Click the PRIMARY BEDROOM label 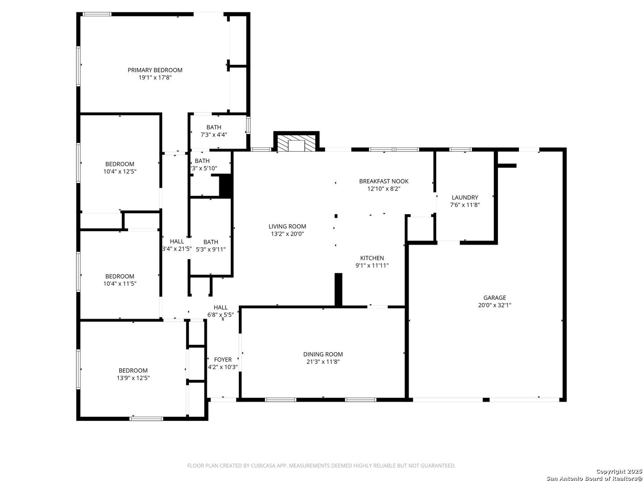[x=154, y=70]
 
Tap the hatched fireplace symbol [x=296, y=143]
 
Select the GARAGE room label [x=494, y=298]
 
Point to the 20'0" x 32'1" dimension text [x=494, y=305]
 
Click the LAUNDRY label [x=464, y=198]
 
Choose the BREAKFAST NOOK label [x=384, y=181]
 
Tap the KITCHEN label [x=372, y=258]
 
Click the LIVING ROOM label [x=287, y=226]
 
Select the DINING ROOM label [x=323, y=354]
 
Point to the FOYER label [x=223, y=360]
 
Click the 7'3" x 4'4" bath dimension [x=213, y=135]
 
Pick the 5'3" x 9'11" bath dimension [x=211, y=249]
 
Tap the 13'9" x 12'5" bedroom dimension [x=133, y=378]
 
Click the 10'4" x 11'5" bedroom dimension [x=120, y=283]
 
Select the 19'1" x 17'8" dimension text [x=154, y=78]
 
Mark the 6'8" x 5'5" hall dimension [x=220, y=315]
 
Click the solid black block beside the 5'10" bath [x=225, y=186]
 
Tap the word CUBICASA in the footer [x=263, y=465]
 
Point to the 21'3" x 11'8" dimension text [x=323, y=361]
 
